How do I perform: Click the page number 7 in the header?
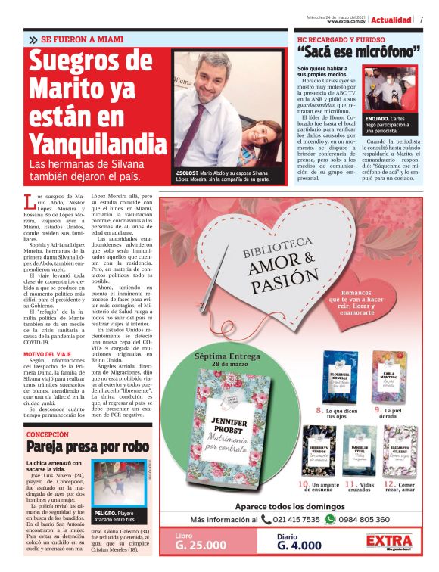tap(422, 19)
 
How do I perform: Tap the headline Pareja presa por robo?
tap(86, 446)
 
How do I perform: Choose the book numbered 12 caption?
tap(399, 487)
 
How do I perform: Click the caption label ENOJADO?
tap(378, 119)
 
